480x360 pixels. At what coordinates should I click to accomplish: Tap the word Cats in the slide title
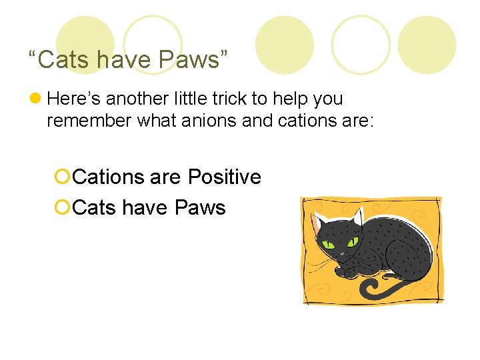64,59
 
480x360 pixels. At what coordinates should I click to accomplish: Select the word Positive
224,177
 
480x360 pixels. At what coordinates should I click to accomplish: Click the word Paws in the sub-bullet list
200,207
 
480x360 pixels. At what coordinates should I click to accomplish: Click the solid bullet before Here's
37,99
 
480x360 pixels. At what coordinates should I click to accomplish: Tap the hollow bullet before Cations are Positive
63,177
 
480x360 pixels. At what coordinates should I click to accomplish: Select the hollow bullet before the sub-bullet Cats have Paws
63,208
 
